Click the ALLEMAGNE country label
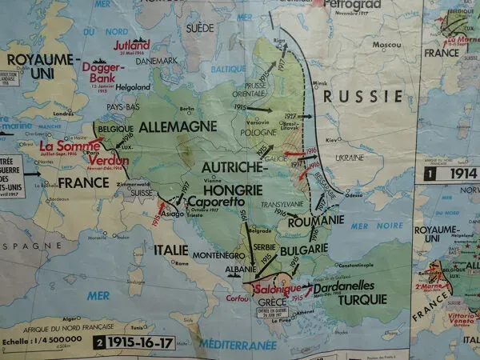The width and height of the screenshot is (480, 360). coord(178,126)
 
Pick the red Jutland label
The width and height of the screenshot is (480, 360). coord(130,46)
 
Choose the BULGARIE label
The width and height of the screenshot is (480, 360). coord(304,250)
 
